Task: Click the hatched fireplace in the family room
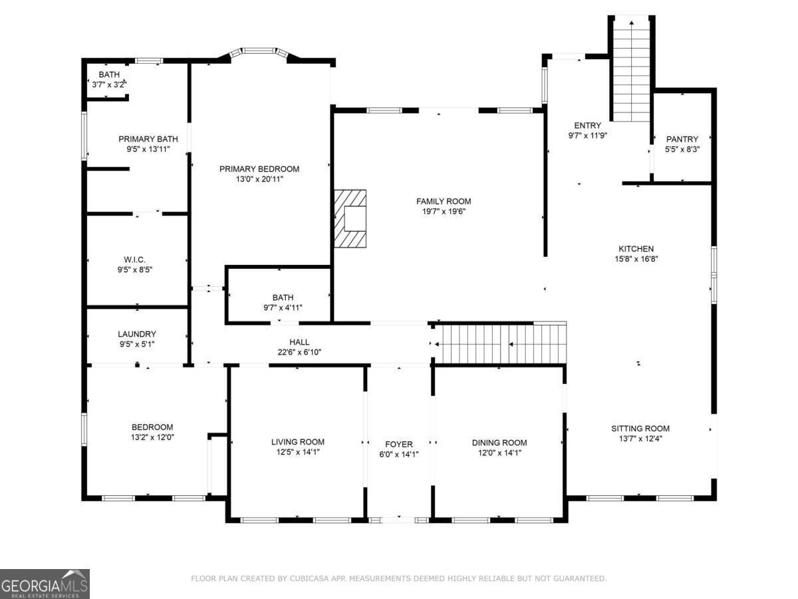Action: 350,219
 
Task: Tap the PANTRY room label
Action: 682,139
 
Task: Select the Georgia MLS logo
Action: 45,584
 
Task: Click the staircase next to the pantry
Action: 630,69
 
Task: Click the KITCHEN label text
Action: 637,249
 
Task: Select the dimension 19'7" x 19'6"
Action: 444,212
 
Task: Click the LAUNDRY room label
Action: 137,334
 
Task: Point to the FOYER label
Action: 399,444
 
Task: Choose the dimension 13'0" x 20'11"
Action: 259,179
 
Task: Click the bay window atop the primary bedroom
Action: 259,51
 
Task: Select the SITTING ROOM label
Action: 640,428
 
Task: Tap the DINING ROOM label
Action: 499,443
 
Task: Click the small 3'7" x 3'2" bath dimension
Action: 109,85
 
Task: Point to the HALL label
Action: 299,342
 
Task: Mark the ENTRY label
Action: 587,125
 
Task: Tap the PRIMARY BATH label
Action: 148,139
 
